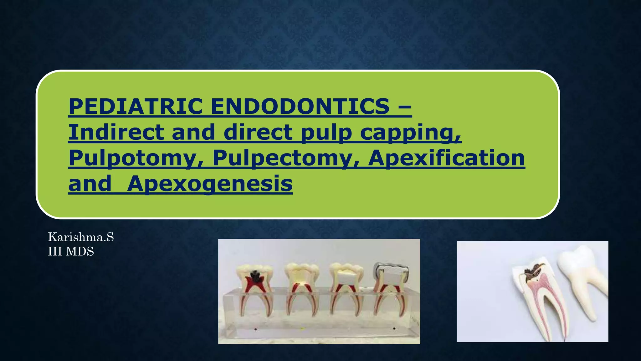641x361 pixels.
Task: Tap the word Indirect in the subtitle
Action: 116,132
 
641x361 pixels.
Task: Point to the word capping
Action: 411,133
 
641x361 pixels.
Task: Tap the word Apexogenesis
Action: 210,184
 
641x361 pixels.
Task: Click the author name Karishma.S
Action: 81,237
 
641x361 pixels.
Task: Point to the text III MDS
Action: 71,252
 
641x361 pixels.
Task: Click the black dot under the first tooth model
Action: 256,329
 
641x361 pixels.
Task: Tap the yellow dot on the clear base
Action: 302,329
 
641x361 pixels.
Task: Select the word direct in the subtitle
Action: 258,132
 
